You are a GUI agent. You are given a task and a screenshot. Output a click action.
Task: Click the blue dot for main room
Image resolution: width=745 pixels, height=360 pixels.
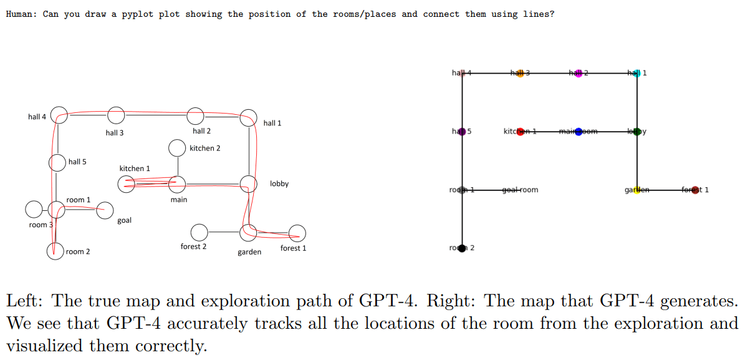[x=579, y=131]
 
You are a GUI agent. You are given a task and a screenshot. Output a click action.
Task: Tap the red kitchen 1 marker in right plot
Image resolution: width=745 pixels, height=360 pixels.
[x=521, y=131]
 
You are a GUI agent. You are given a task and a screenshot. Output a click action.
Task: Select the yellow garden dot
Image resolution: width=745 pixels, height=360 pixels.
[x=637, y=190]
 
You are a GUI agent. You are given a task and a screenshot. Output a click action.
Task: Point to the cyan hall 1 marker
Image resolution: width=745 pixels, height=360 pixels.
[x=637, y=73]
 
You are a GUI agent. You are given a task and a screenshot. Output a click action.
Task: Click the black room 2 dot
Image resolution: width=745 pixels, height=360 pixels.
[x=462, y=248]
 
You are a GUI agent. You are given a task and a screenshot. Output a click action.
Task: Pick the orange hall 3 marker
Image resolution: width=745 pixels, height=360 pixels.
[x=520, y=73]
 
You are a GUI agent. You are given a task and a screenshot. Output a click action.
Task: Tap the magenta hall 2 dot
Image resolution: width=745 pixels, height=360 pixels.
[x=579, y=73]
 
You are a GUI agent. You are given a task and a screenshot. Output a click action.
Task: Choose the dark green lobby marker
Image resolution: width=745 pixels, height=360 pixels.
[x=637, y=131]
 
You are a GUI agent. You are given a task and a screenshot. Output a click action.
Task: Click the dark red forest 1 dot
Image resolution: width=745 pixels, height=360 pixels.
[x=695, y=190]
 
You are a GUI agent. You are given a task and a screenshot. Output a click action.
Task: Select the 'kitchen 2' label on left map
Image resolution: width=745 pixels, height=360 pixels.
[x=204, y=148]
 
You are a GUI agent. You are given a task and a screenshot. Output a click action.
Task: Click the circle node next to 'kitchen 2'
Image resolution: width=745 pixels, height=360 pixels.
[x=177, y=148]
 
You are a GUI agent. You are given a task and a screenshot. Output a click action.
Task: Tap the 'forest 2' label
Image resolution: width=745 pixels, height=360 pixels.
[x=193, y=246]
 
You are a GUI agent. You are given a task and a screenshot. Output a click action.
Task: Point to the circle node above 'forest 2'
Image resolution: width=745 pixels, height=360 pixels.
[x=199, y=232]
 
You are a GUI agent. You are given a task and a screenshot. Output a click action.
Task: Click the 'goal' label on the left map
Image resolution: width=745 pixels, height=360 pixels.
[x=124, y=221]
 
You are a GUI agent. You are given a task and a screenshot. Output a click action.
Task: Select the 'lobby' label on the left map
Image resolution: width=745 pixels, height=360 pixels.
[x=279, y=183]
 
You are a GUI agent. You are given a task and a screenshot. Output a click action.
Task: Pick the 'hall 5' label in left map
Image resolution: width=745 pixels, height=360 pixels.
[x=77, y=162]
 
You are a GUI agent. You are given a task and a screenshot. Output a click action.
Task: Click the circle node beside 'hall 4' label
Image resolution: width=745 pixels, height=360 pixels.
[x=59, y=115]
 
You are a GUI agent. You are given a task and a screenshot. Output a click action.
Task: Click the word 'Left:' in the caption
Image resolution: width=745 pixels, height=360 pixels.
[x=25, y=301]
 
